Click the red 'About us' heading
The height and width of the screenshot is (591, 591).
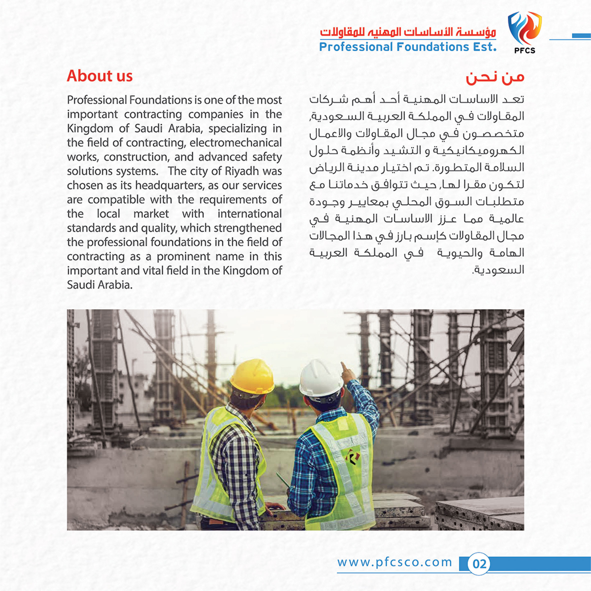click(100, 76)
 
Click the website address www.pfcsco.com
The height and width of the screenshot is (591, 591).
click(395, 562)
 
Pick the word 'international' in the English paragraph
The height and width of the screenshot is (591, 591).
click(249, 214)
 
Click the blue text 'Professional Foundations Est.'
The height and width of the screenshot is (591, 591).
click(407, 47)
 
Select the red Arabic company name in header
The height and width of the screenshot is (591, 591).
click(407, 33)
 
